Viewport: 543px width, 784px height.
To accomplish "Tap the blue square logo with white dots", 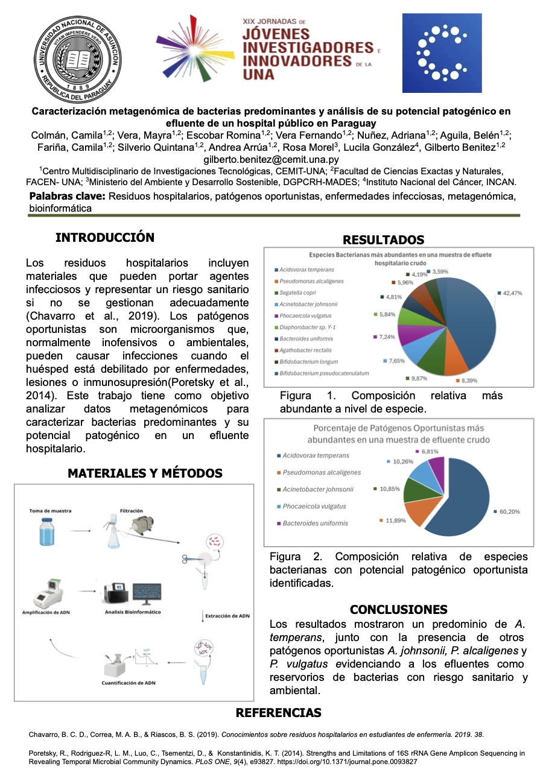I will [x=442, y=53].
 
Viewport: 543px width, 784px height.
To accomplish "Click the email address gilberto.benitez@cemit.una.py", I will [x=271, y=160].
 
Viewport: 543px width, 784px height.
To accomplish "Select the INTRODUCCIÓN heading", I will [x=105, y=238].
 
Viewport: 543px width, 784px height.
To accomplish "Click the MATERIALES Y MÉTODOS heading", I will [x=145, y=473].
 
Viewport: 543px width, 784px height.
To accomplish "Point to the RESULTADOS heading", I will [x=383, y=240].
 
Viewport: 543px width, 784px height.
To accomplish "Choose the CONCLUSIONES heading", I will [x=399, y=609].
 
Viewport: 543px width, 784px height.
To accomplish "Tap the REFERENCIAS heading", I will [x=278, y=713].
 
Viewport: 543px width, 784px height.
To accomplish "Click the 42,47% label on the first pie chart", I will [x=512, y=293].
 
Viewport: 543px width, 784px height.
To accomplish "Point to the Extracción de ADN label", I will [x=227, y=616].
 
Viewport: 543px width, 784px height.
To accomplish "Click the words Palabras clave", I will [x=68, y=196].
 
